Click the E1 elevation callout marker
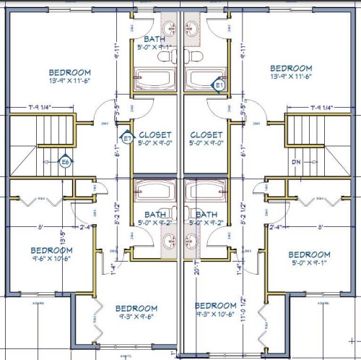pyautogui.click(x=220, y=85)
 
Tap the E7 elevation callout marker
pyautogui.click(x=127, y=137)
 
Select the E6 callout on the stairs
pyautogui.click(x=65, y=162)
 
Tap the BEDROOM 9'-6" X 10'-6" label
pyautogui.click(x=51, y=254)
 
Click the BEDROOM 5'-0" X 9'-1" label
pyautogui.click(x=309, y=258)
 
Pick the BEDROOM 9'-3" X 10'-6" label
pyautogui.click(x=216, y=309)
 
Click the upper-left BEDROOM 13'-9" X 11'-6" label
pyautogui.click(x=70, y=76)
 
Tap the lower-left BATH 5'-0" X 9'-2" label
pyautogui.click(x=155, y=218)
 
